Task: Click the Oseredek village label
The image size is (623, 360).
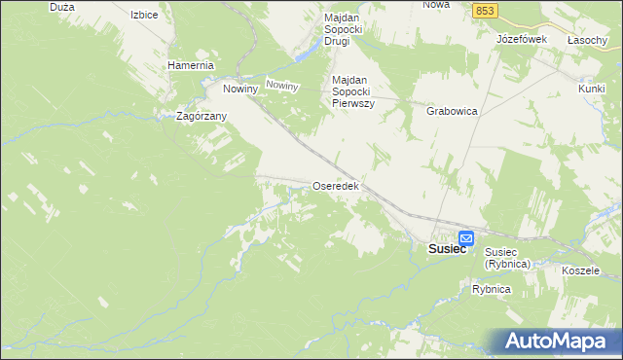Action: [x=337, y=186]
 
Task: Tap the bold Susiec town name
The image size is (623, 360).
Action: [x=447, y=249]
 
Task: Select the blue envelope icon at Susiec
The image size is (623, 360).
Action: [x=466, y=238]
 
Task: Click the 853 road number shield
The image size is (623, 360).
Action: [x=487, y=10]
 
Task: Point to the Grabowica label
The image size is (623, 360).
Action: [x=452, y=111]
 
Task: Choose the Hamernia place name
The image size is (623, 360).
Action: [x=190, y=65]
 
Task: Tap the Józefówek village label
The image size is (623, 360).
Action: [x=522, y=39]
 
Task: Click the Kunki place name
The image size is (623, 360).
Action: [x=592, y=89]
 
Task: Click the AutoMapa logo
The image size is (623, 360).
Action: [x=561, y=342]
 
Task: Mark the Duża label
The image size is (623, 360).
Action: [x=60, y=6]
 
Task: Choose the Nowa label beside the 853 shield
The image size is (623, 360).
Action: [x=436, y=5]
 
